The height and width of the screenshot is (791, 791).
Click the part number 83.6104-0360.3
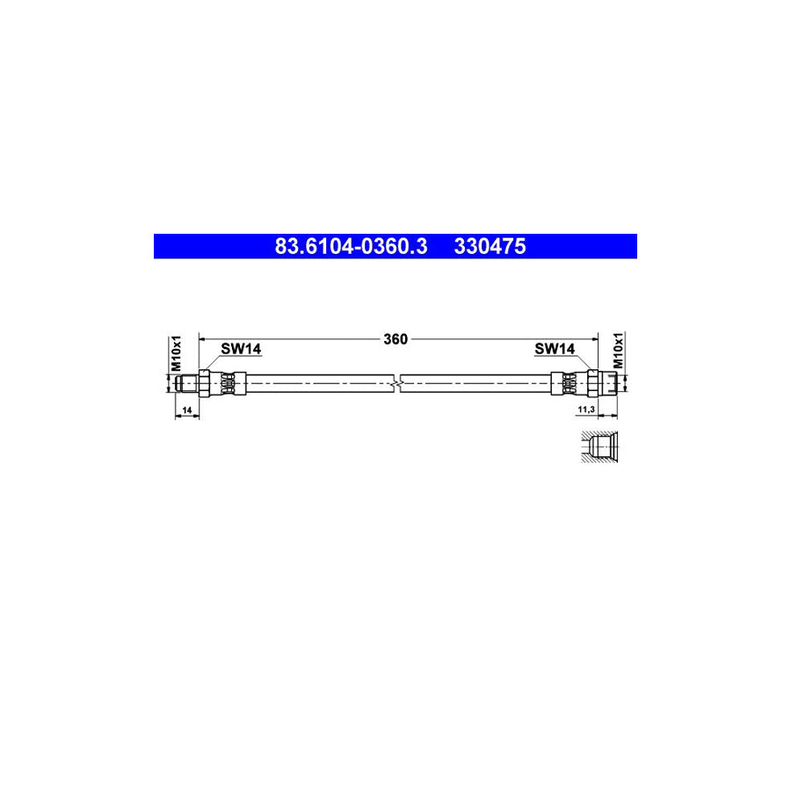pos(351,247)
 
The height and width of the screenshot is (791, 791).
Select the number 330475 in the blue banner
pos(490,247)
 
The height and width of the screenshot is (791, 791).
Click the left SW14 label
pos(240,349)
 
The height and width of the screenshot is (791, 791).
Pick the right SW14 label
pos(555,349)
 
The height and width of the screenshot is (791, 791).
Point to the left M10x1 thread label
pos(175,352)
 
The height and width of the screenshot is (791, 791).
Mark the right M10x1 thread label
pos(618,351)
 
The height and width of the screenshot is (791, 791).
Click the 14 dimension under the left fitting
pos(186,410)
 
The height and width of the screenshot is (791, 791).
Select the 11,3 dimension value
pos(585,410)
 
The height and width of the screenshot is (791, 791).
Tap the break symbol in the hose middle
pos(400,383)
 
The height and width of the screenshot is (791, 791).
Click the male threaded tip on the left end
pos(185,383)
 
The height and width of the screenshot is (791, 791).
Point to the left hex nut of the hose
pos(204,383)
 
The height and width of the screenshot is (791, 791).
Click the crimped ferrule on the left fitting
pos(229,383)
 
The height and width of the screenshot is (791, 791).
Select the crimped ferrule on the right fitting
pos(568,383)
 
